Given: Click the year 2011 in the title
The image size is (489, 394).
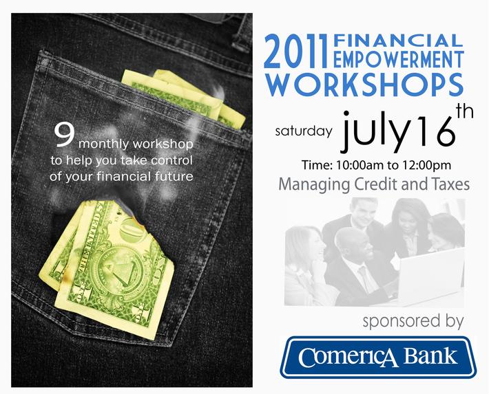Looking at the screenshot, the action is pyautogui.click(x=296, y=51).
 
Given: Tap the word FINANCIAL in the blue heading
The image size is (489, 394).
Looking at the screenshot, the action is pyautogui.click(x=398, y=41).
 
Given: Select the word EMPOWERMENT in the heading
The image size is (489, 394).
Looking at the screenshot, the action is pyautogui.click(x=398, y=59).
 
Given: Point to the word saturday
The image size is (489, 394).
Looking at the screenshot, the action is pyautogui.click(x=303, y=131).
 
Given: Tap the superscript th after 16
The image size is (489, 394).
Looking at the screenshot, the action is pyautogui.click(x=465, y=112).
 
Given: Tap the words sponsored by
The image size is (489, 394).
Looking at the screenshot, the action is pyautogui.click(x=413, y=321).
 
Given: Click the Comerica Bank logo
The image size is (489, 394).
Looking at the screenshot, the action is pyautogui.click(x=378, y=358).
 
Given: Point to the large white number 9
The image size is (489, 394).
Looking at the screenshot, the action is pyautogui.click(x=64, y=135).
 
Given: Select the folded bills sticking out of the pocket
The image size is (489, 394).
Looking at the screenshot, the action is pyautogui.click(x=183, y=98).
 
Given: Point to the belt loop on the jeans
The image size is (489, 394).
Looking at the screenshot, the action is pyautogui.click(x=242, y=33).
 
